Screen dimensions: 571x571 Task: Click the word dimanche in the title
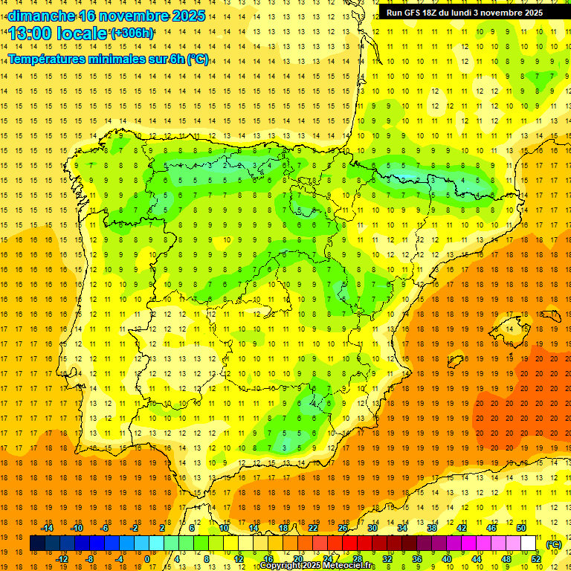coord(37,16)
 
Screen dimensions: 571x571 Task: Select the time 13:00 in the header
coord(30,33)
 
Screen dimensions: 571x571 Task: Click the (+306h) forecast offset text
coord(132,33)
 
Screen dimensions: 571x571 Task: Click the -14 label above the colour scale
coord(46,528)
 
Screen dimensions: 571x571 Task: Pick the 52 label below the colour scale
coord(536,558)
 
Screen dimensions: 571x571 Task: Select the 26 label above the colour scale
coord(343,528)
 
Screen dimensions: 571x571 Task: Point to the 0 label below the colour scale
coord(147,558)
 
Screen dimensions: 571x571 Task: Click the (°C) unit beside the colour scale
coord(554,544)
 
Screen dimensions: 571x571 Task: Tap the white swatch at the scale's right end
coord(529,543)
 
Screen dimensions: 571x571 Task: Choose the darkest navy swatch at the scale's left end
coord(37,543)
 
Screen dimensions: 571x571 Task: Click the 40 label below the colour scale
coord(447,558)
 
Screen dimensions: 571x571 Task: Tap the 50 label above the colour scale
coord(521,528)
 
